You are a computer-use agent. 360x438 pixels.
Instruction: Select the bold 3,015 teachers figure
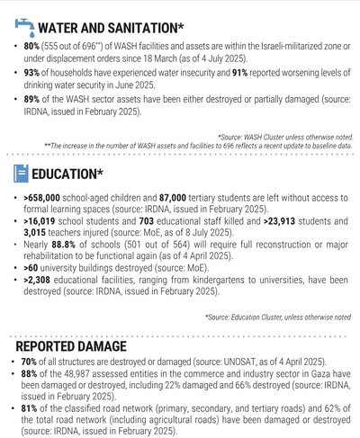tap(39, 230)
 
